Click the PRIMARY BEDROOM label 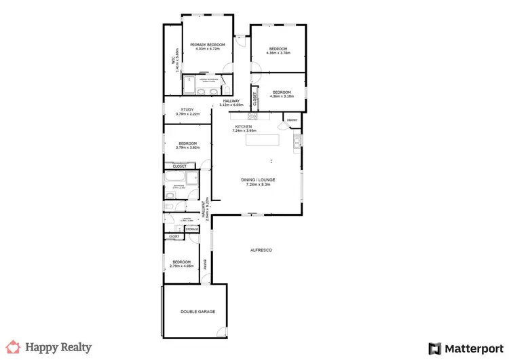[x=207, y=43]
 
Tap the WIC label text [x=173, y=60]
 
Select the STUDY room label [x=187, y=109]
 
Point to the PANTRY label [x=292, y=120]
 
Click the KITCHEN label [x=244, y=126]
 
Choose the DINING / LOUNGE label [x=258, y=179]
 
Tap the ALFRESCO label [x=261, y=251]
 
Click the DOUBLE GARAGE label [x=197, y=311]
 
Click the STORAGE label [x=192, y=230]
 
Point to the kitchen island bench [x=262, y=141]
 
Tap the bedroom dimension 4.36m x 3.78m [x=279, y=52]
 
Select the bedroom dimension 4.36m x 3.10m [x=282, y=96]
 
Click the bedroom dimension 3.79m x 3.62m [x=187, y=147]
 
